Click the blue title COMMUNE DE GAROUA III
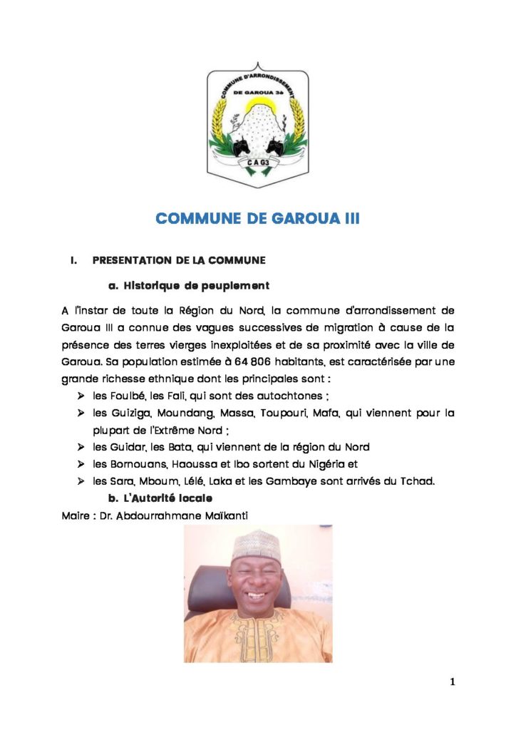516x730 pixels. [x=257, y=218]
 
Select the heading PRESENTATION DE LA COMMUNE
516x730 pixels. [x=179, y=262]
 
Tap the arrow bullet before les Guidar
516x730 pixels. [x=81, y=447]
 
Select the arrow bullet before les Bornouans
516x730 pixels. [x=81, y=464]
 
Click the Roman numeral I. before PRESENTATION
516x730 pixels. [x=73, y=262]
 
